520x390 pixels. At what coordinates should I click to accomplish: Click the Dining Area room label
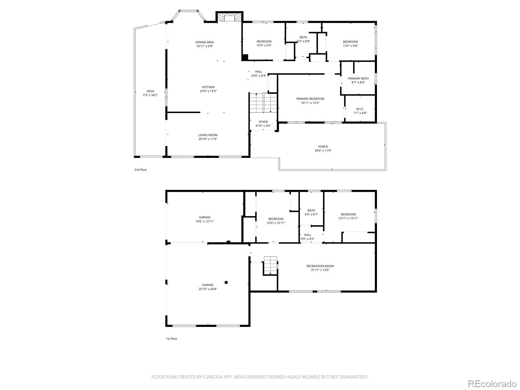pyautogui.click(x=204, y=42)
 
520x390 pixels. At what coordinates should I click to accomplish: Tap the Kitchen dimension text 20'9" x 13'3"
pyautogui.click(x=208, y=91)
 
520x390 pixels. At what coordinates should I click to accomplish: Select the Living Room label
pyautogui.click(x=208, y=135)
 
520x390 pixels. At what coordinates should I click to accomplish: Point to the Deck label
pyautogui.click(x=150, y=91)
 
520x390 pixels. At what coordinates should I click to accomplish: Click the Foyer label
pyautogui.click(x=263, y=122)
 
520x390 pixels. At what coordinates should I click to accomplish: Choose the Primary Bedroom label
pyautogui.click(x=310, y=99)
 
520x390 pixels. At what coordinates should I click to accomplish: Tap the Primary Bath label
pyautogui.click(x=358, y=78)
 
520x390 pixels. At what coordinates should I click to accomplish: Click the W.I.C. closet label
pyautogui.click(x=360, y=109)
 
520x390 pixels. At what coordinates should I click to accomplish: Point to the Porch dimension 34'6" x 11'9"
pyautogui.click(x=323, y=150)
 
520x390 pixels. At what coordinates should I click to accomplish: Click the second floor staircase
pyautogui.click(x=263, y=103)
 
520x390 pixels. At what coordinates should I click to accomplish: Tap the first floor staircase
pyautogui.click(x=270, y=265)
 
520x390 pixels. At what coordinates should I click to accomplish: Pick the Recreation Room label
pyautogui.click(x=320, y=266)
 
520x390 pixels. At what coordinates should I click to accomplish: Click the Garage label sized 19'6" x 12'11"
pyautogui.click(x=205, y=217)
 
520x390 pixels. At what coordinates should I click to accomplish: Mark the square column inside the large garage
pyautogui.click(x=226, y=282)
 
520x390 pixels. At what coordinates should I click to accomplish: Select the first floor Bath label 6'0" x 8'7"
pyautogui.click(x=311, y=210)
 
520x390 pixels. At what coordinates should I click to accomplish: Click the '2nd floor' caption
pyautogui.click(x=141, y=170)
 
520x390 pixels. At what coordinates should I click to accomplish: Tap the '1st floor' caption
pyautogui.click(x=172, y=339)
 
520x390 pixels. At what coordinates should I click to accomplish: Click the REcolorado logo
pyautogui.click(x=492, y=383)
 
